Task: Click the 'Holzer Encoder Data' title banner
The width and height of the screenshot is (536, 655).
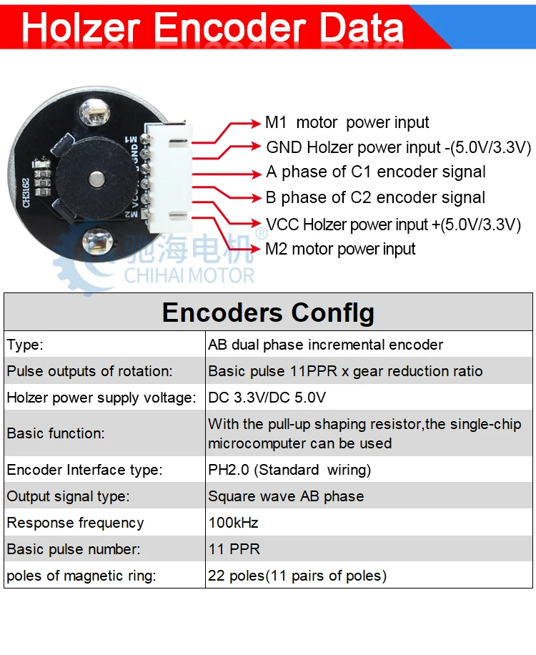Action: coord(213,27)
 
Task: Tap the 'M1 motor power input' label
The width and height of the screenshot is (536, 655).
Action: coord(347,123)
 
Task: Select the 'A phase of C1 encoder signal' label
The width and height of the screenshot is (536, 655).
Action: coord(376,172)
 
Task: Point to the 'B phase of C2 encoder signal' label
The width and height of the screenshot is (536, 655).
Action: coord(375,197)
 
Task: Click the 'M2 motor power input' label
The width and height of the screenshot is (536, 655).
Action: coord(340,249)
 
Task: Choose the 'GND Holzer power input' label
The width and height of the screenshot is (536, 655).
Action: coord(399,148)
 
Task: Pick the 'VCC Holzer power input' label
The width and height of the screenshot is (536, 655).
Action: coord(393,224)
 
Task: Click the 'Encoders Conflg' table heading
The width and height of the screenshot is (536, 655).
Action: coord(268,313)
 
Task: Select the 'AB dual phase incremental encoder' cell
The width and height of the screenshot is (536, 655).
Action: coord(326,345)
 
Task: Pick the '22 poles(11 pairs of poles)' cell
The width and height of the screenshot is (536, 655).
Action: coord(297,576)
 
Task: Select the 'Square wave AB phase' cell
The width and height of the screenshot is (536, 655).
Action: coord(286,496)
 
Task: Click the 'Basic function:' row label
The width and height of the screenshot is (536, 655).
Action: coord(56,433)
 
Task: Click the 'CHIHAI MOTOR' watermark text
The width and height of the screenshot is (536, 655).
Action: coord(189,275)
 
